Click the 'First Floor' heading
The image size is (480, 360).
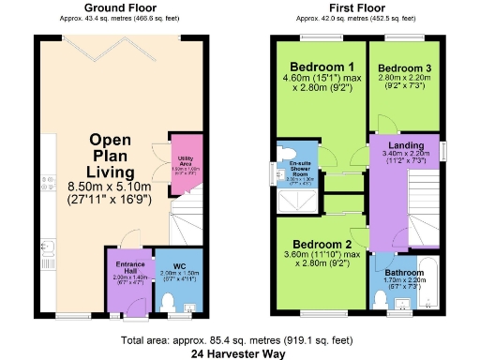coord(358,8)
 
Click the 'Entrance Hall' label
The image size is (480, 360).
coord(127,266)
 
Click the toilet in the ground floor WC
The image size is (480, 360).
coord(170,300)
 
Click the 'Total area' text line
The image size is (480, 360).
coord(239,339)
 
